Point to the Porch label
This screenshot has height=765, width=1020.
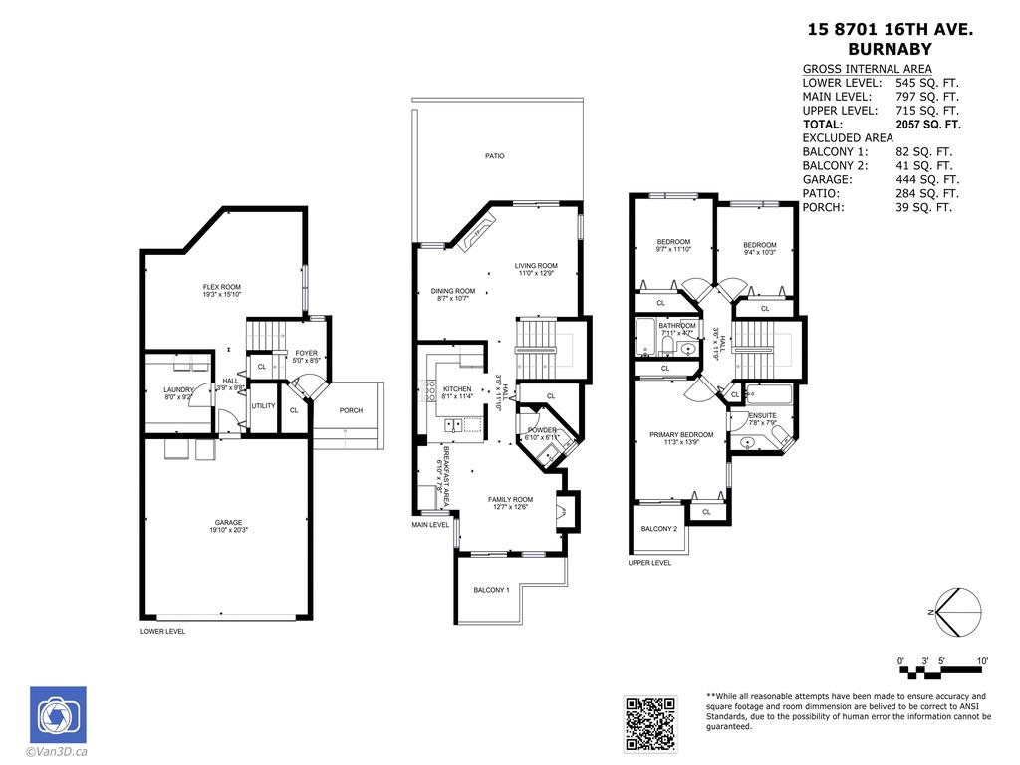(x=351, y=410)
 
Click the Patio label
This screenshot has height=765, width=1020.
(x=494, y=156)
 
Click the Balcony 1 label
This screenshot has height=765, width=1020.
(x=491, y=590)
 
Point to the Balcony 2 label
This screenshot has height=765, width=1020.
(x=658, y=529)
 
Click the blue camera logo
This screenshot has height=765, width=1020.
(x=58, y=714)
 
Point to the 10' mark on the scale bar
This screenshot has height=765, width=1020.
(x=982, y=661)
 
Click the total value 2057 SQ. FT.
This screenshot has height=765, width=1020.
(x=928, y=125)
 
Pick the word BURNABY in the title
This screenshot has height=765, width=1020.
(x=890, y=48)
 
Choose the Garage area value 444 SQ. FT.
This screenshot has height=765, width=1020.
(x=927, y=179)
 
